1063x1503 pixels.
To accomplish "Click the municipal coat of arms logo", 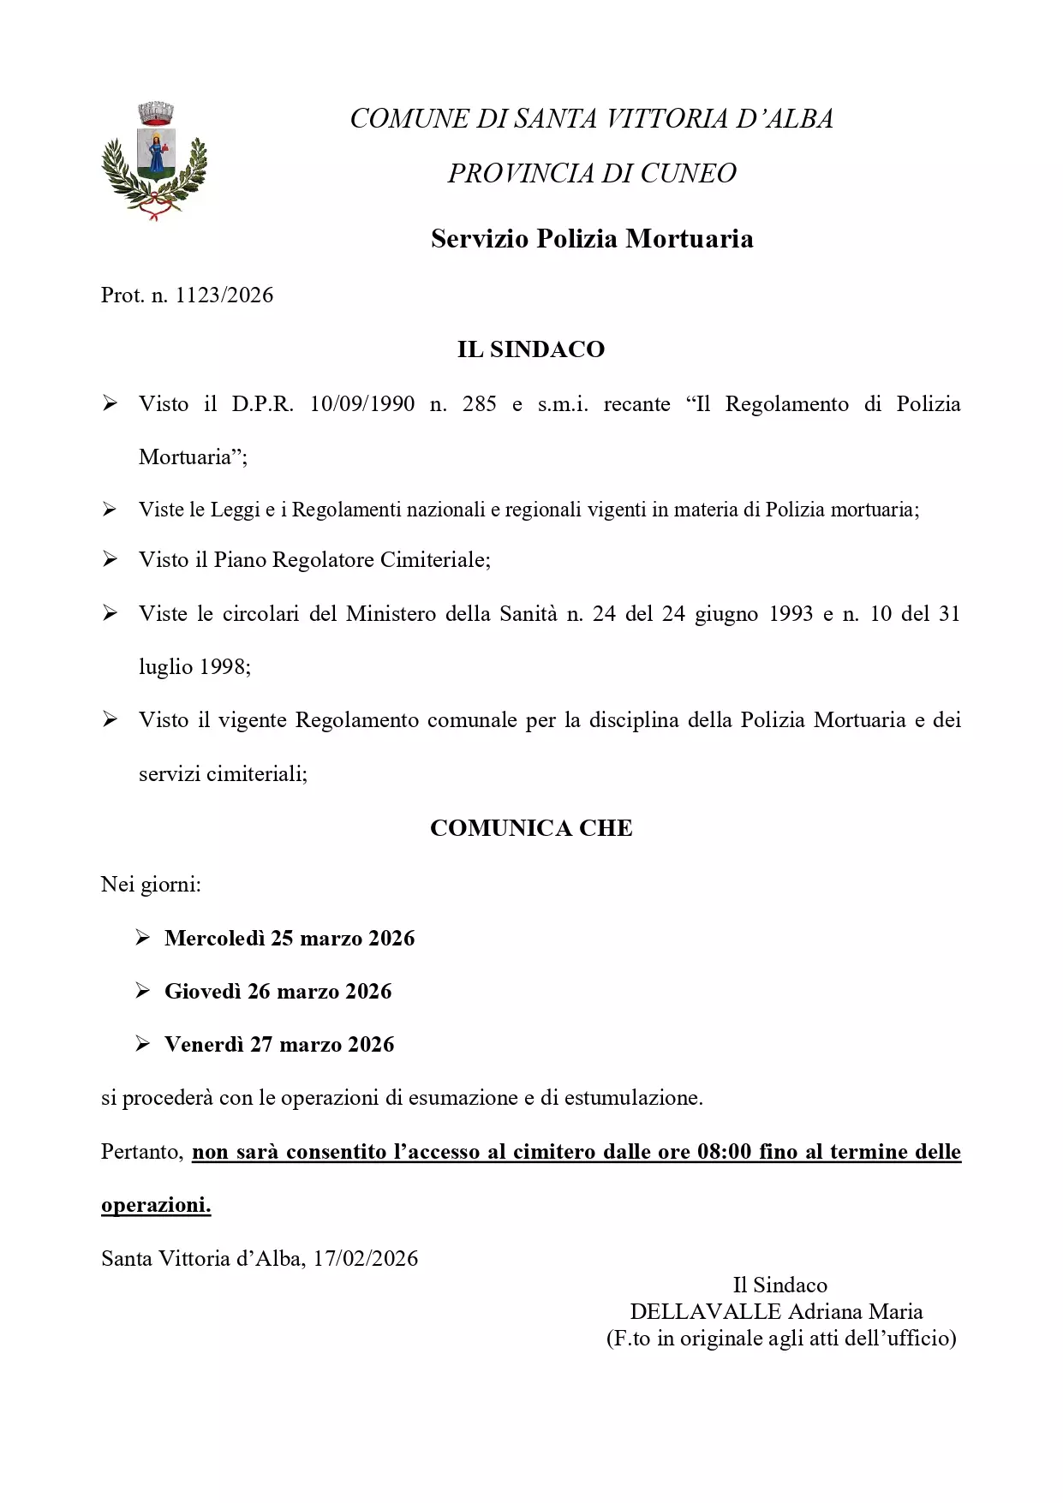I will click(154, 161).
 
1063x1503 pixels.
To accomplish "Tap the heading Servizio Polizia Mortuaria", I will click(592, 239).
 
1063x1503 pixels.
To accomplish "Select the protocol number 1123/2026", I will click(224, 295).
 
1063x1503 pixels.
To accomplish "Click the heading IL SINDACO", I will click(531, 349).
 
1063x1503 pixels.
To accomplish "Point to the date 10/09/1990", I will click(361, 404).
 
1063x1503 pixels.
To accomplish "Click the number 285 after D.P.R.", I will click(479, 404).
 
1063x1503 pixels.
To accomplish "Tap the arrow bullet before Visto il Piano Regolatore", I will click(110, 560).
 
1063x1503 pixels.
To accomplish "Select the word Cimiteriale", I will click(435, 560).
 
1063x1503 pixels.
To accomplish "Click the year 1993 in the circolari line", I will click(790, 614).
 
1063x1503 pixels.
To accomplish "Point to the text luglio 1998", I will click(194, 667).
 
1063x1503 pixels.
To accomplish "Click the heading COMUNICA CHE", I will click(531, 828).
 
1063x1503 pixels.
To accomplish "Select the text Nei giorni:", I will click(151, 885).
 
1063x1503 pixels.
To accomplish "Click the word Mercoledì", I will click(214, 939).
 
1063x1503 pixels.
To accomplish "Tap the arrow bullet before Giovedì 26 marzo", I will click(143, 992).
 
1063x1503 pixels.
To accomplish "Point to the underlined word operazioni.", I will click(155, 1206).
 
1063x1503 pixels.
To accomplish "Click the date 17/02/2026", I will click(366, 1259).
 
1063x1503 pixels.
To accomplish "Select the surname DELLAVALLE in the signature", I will click(705, 1312).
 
